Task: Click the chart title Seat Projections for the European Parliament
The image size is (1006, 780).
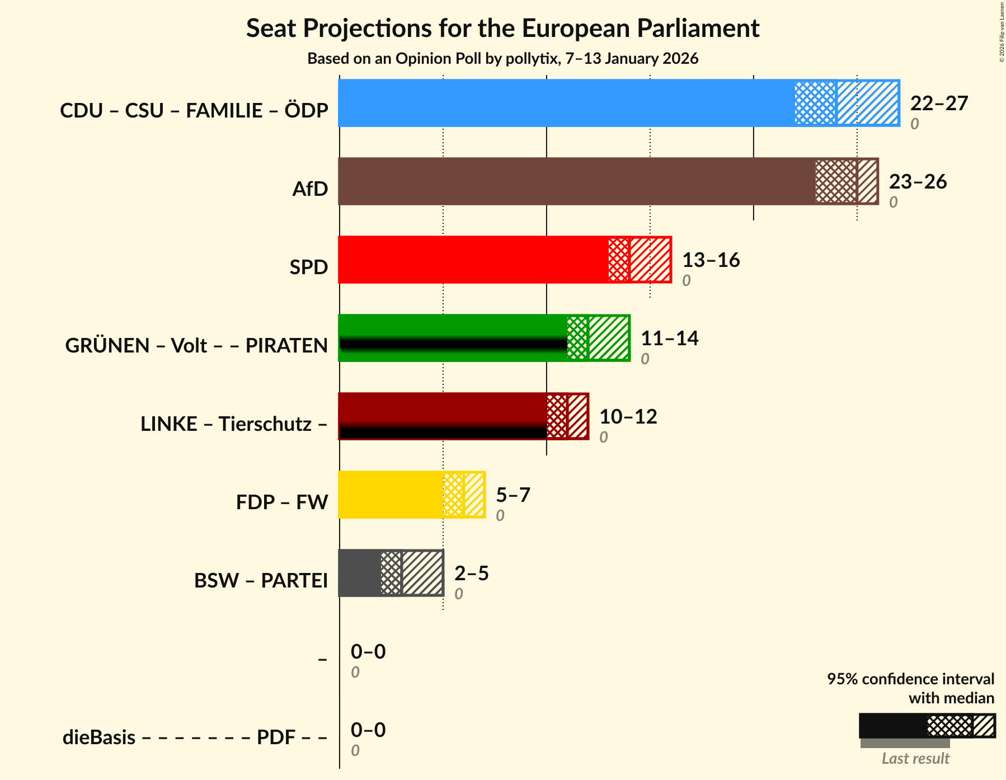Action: click(x=502, y=28)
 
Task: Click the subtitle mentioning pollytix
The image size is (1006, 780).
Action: click(x=502, y=59)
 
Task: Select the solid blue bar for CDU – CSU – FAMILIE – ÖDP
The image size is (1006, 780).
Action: click(x=565, y=103)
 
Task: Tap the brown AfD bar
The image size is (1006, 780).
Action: click(x=576, y=181)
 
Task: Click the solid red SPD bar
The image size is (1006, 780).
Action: click(x=473, y=260)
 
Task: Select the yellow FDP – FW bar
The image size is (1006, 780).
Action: click(x=391, y=495)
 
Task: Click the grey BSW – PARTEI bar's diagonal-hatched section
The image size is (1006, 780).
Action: click(x=422, y=573)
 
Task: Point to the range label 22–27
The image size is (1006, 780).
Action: click(x=939, y=103)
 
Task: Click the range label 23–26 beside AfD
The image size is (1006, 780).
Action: click(x=918, y=181)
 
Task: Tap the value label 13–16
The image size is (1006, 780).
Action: click(x=711, y=260)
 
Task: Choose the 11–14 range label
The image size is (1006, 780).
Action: click(x=669, y=338)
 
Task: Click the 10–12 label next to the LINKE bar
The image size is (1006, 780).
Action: click(x=628, y=416)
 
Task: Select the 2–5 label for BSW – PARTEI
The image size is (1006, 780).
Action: click(x=471, y=573)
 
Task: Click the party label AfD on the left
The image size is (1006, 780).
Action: click(x=310, y=189)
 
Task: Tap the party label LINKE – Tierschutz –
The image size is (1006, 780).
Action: click(x=234, y=424)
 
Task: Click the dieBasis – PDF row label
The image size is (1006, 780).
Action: click(x=195, y=737)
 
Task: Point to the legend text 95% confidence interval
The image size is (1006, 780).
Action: click(x=910, y=679)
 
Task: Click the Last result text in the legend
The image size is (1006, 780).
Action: click(x=915, y=758)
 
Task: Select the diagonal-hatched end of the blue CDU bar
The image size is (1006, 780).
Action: click(x=868, y=103)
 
